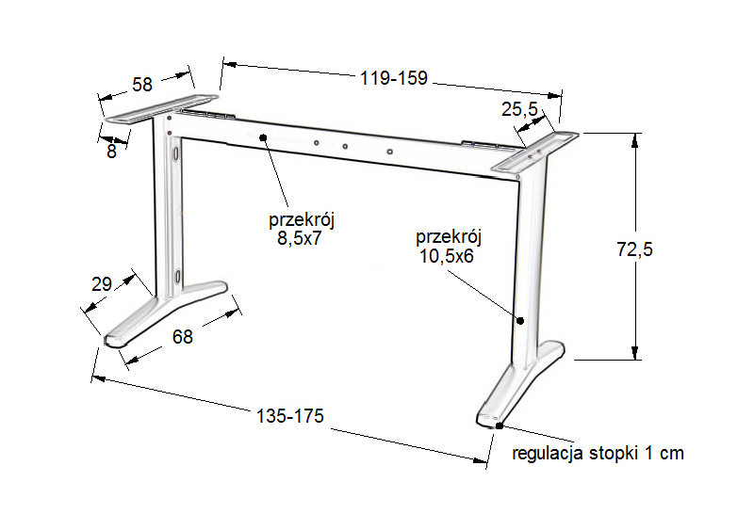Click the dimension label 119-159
(394, 78)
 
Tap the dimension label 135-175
(290, 416)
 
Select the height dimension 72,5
(634, 249)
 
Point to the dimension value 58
(142, 85)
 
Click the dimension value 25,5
(519, 109)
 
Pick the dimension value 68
(183, 337)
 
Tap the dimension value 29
(102, 284)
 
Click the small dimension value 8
(111, 152)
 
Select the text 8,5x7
(299, 238)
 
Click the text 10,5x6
(447, 256)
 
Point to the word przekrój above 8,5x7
(302, 220)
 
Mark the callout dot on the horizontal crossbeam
(263, 137)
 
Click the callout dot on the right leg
(520, 320)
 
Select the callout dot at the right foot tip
(500, 426)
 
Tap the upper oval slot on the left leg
(177, 153)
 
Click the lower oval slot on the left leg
(178, 277)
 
